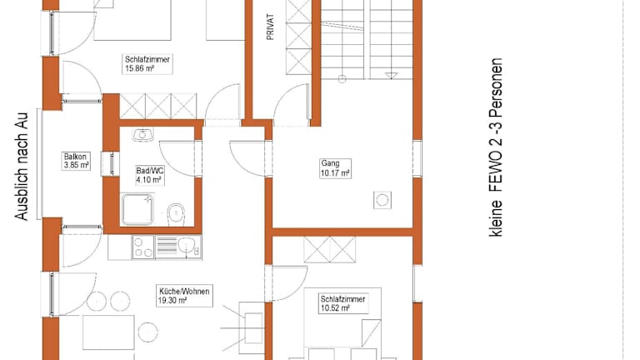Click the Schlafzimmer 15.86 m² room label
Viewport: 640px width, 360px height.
[147, 64]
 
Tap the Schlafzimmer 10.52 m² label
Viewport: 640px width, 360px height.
[342, 303]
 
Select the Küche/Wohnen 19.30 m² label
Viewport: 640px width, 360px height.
[184, 296]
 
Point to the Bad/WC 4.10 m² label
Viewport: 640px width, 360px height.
[150, 175]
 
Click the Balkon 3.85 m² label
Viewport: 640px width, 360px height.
[77, 161]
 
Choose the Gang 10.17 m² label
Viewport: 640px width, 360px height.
[335, 168]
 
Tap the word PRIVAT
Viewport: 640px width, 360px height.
[270, 27]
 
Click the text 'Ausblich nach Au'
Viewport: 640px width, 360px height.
[21, 166]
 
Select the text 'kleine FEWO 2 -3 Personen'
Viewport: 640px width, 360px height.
[496, 147]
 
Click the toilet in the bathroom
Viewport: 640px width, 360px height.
[177, 214]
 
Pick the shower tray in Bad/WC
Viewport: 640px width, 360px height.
[137, 209]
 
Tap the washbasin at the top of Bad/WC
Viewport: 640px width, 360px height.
[142, 134]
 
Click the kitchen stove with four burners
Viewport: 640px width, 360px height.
[143, 247]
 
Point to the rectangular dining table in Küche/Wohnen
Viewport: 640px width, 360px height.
[108, 332]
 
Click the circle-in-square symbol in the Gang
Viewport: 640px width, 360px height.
[382, 200]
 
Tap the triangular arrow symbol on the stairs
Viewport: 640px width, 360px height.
[391, 76]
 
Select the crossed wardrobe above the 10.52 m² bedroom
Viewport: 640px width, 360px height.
[329, 249]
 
